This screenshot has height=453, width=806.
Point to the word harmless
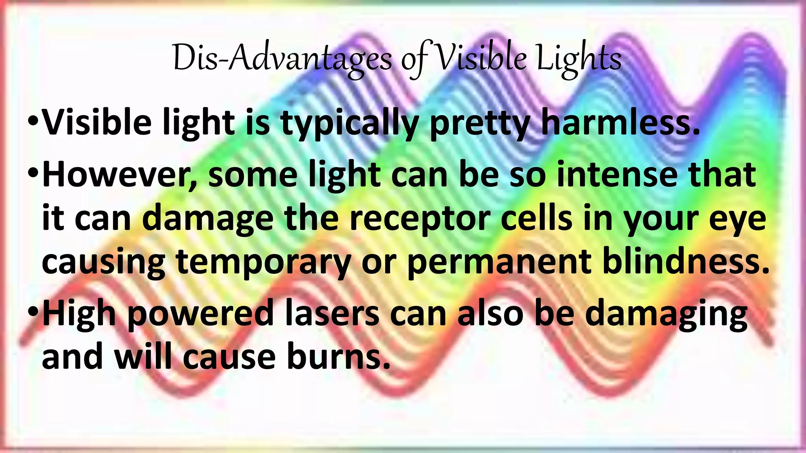(x=620, y=123)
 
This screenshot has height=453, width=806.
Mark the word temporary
(x=263, y=263)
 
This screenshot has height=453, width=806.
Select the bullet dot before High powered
(x=33, y=311)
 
